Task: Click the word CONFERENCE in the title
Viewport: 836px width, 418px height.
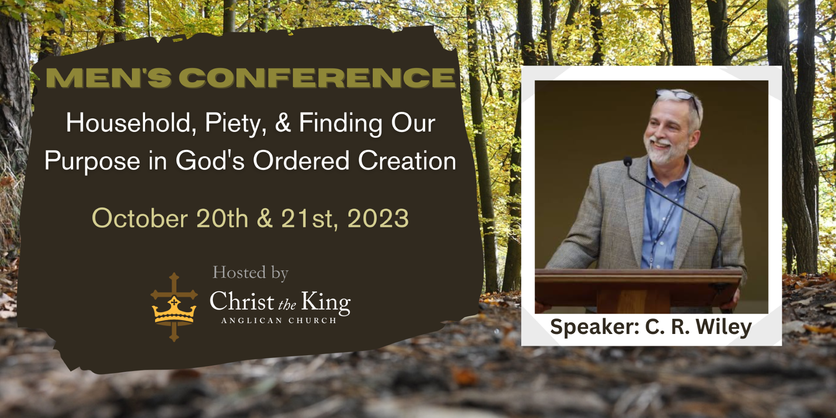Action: [x=317, y=78]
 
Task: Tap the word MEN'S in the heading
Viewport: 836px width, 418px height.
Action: [x=108, y=78]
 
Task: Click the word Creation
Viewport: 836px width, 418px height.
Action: [x=407, y=161]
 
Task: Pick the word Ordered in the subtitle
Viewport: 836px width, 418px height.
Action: [x=301, y=161]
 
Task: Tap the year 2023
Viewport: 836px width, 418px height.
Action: [x=378, y=218]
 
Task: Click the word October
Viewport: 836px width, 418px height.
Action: [x=140, y=218]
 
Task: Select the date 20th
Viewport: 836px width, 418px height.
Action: [x=222, y=218]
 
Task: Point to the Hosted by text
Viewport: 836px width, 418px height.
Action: [x=250, y=273]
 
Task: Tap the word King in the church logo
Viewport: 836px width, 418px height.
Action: [x=326, y=302]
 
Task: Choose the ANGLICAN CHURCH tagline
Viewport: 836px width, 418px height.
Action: [x=279, y=320]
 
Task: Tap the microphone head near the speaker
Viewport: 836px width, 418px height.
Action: [x=627, y=162]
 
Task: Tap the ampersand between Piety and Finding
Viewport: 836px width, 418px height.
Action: [x=283, y=123]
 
